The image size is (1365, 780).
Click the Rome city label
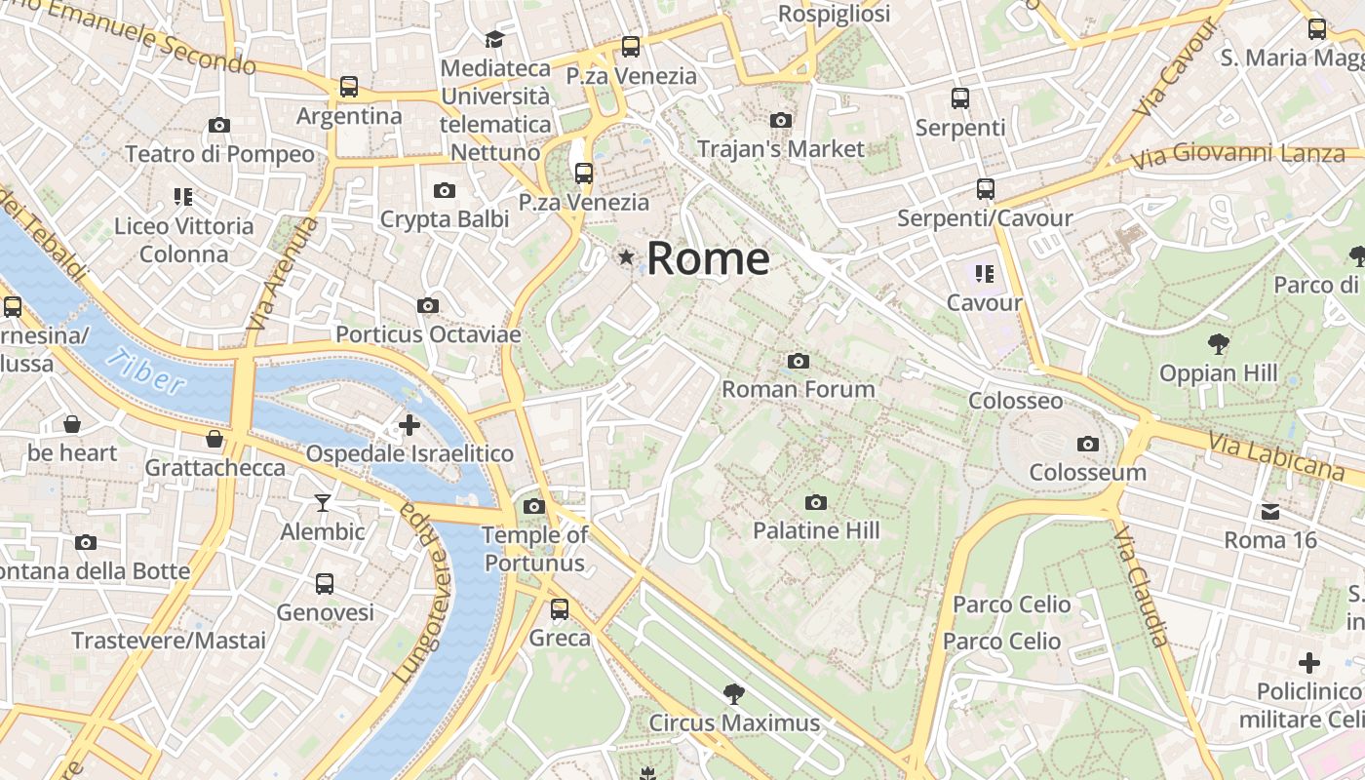[x=708, y=258]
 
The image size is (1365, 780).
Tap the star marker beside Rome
[x=626, y=256]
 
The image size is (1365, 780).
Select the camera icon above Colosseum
[x=1088, y=445]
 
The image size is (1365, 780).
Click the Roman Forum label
[x=798, y=389]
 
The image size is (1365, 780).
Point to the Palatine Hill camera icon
[x=816, y=503]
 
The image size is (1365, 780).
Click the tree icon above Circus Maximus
[x=734, y=694]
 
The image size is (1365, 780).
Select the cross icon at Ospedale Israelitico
[x=409, y=425]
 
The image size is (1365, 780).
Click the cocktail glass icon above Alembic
[x=323, y=503]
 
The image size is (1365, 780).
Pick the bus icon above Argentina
[x=349, y=87]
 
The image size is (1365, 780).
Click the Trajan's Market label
[x=780, y=149]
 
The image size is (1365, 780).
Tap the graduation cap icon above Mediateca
[x=495, y=39]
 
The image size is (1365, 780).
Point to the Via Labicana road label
[x=1276, y=456]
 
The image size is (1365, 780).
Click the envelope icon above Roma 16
[x=1270, y=512]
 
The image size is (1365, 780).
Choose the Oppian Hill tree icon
[x=1218, y=343]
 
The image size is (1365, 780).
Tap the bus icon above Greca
[x=560, y=609]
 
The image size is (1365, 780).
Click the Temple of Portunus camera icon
[x=533, y=506]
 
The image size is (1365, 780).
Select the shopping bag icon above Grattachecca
[x=214, y=439]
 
